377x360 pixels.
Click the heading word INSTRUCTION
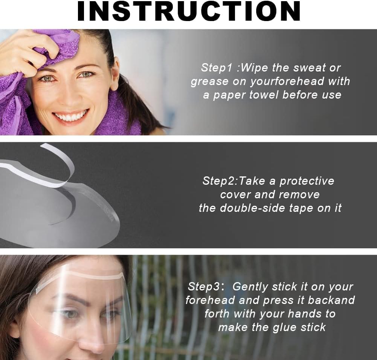pyautogui.click(x=189, y=11)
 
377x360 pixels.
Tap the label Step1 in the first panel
pyautogui.click(x=217, y=68)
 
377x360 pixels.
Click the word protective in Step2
pyautogui.click(x=307, y=181)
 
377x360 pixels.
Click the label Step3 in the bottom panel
pyautogui.click(x=204, y=287)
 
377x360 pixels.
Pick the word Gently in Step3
pyautogui.click(x=250, y=287)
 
